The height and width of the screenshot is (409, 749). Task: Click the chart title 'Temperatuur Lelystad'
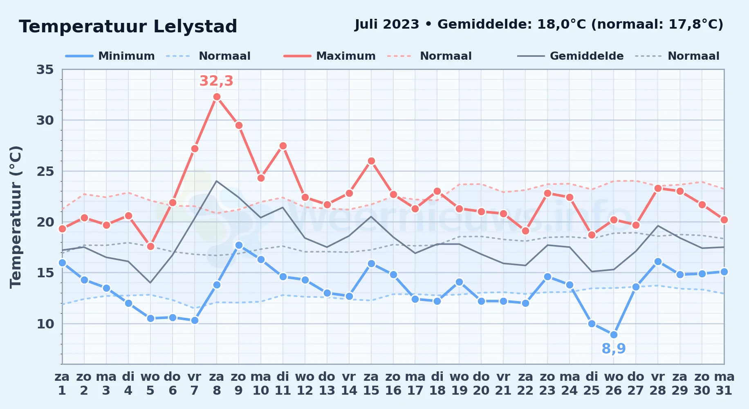tap(128, 27)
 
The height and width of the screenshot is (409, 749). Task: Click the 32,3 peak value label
tap(216, 81)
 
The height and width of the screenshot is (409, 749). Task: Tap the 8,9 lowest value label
tap(614, 348)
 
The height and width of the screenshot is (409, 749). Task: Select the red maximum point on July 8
tap(217, 97)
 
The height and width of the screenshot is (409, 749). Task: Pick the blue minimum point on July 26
tap(614, 335)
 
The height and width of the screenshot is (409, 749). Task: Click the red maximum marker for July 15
tap(371, 161)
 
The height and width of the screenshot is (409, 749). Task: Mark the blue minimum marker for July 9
tap(239, 245)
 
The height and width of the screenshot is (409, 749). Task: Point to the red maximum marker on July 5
tap(150, 246)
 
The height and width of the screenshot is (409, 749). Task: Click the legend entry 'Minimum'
tap(126, 56)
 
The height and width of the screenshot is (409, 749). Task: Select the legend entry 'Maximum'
tap(346, 56)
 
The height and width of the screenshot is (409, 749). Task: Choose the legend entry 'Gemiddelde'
tap(587, 56)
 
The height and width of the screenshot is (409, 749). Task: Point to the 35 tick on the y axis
tap(45, 70)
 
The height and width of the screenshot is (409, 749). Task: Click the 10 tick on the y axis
tap(45, 324)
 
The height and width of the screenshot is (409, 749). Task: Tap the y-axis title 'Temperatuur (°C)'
tap(16, 217)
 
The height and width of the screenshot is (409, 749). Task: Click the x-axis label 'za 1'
tap(62, 384)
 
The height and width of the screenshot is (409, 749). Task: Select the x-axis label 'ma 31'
tap(724, 384)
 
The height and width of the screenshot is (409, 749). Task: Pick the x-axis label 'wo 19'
tap(459, 384)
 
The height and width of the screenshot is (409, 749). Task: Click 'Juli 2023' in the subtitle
tap(387, 25)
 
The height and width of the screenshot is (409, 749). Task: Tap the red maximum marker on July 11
tap(283, 146)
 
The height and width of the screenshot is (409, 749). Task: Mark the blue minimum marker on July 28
tap(658, 261)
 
